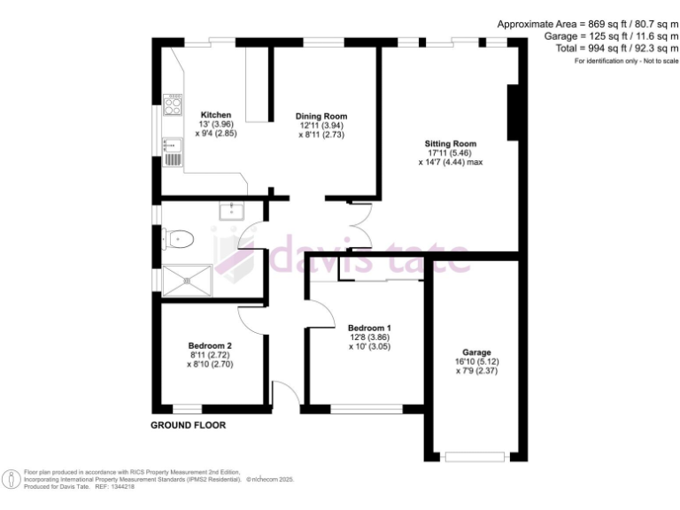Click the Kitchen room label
click(x=215, y=115)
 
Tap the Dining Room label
click(x=321, y=116)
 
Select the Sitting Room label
click(x=451, y=143)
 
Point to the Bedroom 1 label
click(x=368, y=328)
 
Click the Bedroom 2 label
click(x=210, y=345)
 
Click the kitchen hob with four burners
click(x=173, y=105)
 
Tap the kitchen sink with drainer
click(x=172, y=152)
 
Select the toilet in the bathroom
click(x=180, y=237)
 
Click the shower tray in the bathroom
click(x=187, y=281)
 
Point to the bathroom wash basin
click(x=231, y=212)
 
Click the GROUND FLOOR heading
click(x=188, y=425)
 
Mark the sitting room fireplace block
click(x=511, y=112)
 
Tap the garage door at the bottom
click(x=474, y=457)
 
